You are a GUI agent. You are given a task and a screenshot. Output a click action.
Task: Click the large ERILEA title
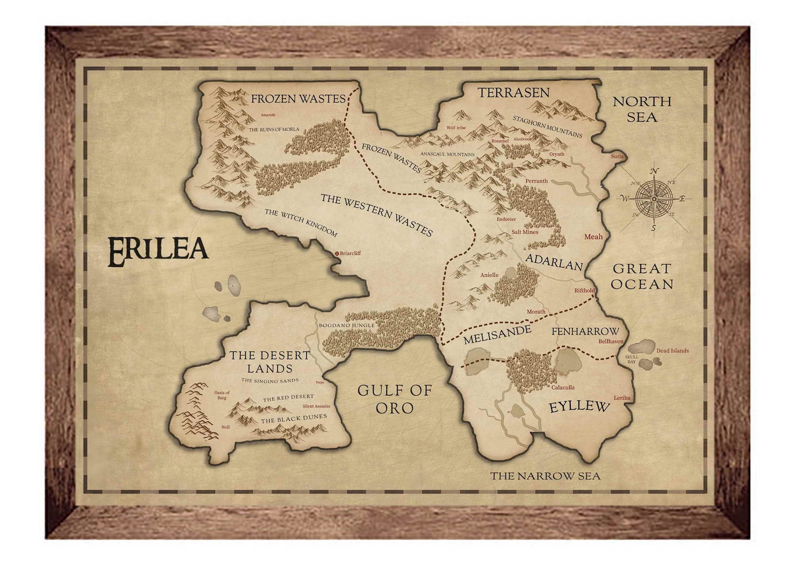pos(158,252)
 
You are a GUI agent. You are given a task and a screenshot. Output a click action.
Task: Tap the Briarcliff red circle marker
pos(337,253)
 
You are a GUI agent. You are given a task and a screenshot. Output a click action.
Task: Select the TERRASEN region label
pos(514,92)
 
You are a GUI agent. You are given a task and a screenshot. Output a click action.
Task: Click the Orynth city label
pos(557,154)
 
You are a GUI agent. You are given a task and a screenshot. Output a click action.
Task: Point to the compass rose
pos(654,198)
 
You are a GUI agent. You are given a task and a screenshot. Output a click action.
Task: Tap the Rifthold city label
pos(584,291)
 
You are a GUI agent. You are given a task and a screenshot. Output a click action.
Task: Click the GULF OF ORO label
pos(394,399)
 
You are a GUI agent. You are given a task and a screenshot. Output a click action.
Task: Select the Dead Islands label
pos(672,350)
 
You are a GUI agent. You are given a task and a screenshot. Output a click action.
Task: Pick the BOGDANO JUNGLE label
pos(346,325)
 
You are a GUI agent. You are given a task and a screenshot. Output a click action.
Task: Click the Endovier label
pos(506,220)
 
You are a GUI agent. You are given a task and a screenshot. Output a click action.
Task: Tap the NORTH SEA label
pos(642,109)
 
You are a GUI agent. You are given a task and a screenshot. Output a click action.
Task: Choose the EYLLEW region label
pos(579,407)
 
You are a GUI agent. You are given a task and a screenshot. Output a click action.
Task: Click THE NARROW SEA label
pos(545,476)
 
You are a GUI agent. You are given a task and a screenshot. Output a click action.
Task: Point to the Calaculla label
pos(563,387)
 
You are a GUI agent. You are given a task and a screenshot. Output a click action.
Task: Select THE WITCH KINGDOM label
pos(301,223)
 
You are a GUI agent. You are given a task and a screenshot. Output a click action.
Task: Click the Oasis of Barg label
pos(222,395)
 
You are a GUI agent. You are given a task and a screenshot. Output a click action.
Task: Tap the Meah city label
pos(593,236)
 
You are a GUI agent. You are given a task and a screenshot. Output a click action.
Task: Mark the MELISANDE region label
pos(497,335)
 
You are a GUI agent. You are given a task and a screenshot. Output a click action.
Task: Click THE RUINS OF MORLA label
pos(274,129)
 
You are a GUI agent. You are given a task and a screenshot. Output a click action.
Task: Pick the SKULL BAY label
pos(632,359)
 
